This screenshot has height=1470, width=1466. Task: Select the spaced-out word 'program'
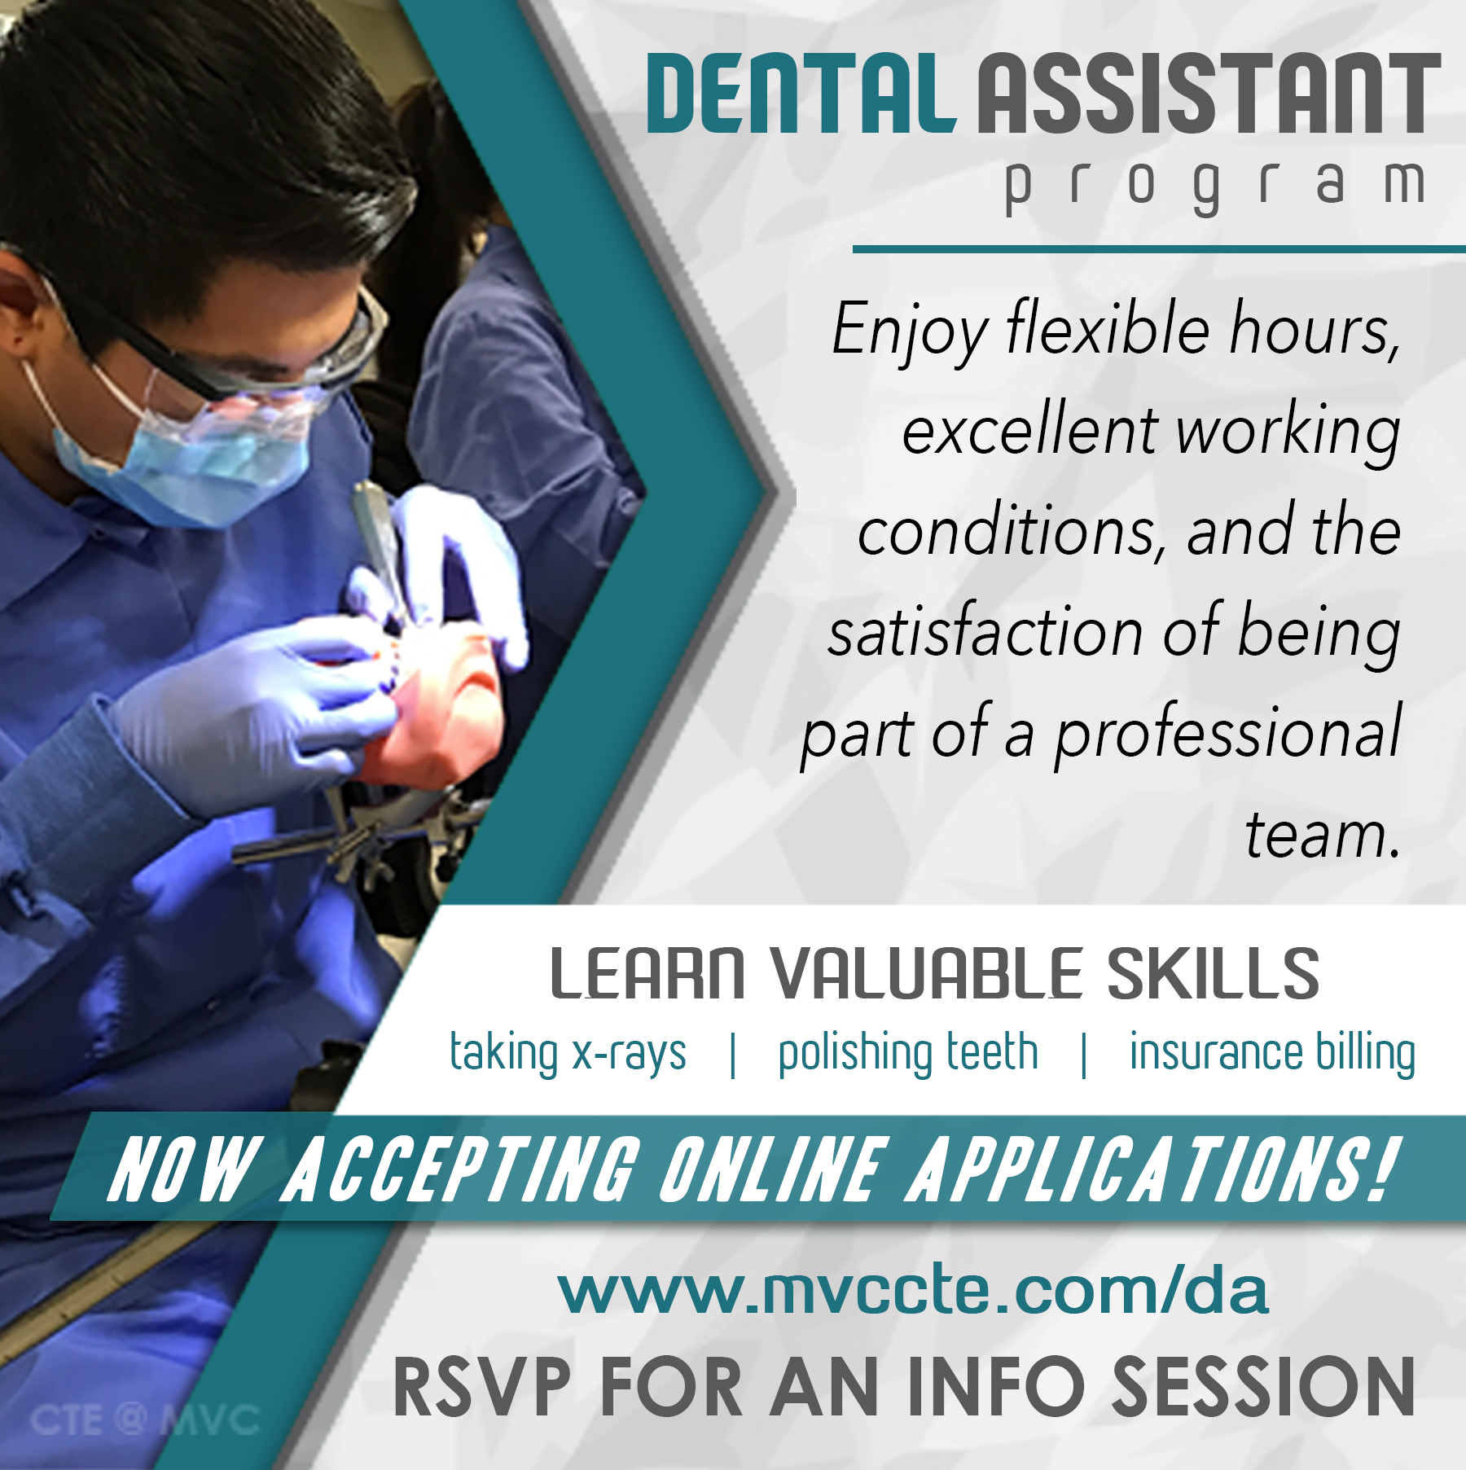pos(1214,186)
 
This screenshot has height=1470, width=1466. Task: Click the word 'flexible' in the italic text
pos(1108,329)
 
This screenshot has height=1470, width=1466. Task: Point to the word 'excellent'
pos(1029,432)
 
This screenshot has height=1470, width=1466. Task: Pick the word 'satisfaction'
pos(985,634)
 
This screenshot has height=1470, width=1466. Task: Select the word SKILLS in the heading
pos(1214,973)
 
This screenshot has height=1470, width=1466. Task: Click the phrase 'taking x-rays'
pos(568,1053)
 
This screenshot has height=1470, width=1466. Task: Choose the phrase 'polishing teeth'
pos(908,1053)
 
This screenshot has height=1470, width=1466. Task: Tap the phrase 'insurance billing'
pos(1272,1053)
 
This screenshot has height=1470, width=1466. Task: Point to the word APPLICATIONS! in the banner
pos(1152,1169)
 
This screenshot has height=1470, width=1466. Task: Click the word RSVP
pos(481,1387)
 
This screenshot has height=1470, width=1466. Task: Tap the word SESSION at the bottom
pos(1263,1387)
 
